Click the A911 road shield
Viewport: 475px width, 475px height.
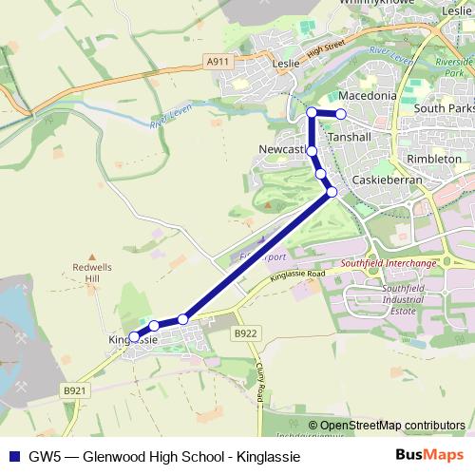click(x=218, y=62)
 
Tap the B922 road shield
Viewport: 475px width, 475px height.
click(x=246, y=333)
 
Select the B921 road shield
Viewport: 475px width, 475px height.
click(x=74, y=389)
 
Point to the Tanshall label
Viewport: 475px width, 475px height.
click(x=348, y=138)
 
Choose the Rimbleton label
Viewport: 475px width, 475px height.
click(x=433, y=159)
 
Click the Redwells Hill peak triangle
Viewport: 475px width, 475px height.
click(x=91, y=256)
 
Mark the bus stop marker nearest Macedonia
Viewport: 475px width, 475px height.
click(x=341, y=114)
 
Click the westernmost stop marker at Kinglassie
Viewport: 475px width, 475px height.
click(x=135, y=336)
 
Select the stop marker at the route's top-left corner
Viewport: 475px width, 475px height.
click(x=312, y=113)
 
